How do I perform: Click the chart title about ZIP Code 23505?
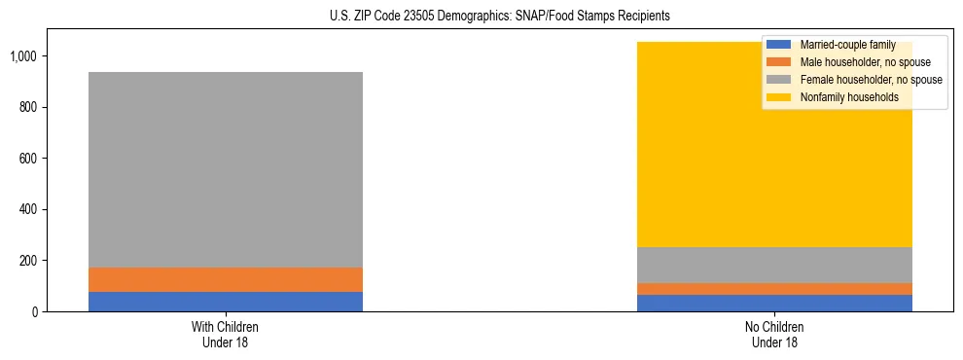482,17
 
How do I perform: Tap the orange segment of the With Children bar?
225,279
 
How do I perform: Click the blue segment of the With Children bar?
225,302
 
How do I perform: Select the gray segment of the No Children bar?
774,265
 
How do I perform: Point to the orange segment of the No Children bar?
774,289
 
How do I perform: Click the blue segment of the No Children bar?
774,303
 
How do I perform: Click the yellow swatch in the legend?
779,97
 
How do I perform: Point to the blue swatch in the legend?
779,45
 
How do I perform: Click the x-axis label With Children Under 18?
225,334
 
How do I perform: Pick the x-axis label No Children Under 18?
774,334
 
